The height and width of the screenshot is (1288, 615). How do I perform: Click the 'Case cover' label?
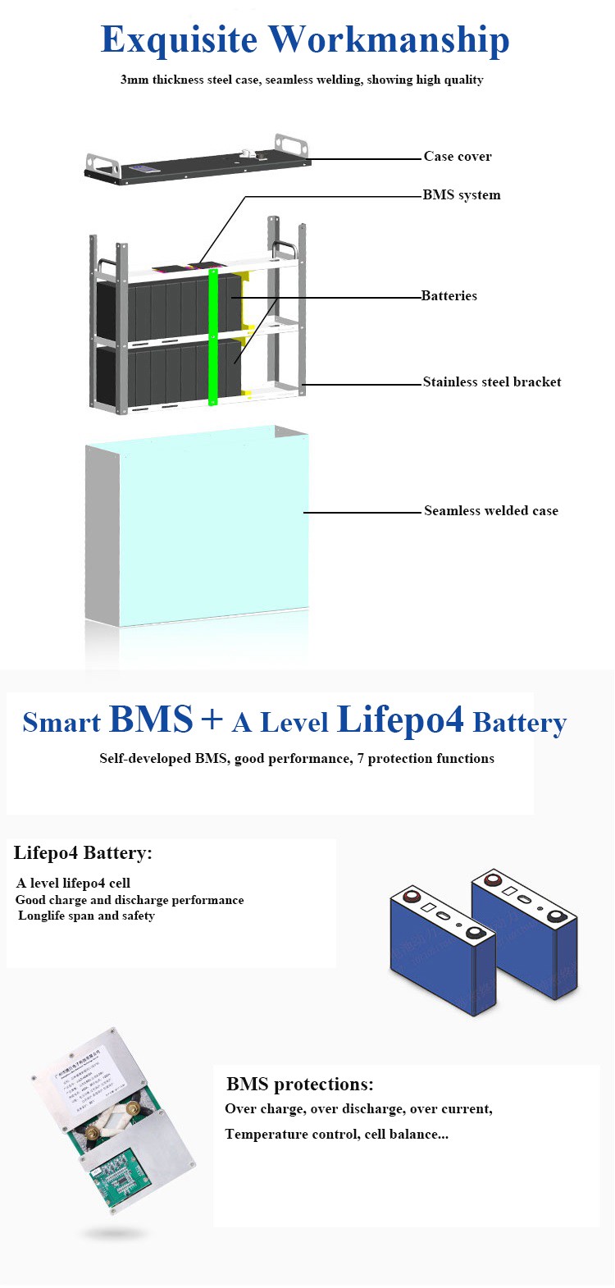pos(458,157)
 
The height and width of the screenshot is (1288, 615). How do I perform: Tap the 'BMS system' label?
pos(461,195)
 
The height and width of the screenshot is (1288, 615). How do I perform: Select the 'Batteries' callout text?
pos(449,296)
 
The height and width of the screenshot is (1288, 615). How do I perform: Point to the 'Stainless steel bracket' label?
pos(492,382)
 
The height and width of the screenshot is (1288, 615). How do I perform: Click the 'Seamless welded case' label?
pos(490,511)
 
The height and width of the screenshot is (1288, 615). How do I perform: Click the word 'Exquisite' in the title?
pos(179,40)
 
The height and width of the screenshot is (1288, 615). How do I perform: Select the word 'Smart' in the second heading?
pos(61,722)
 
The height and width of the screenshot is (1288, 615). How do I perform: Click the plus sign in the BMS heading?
pos(212,719)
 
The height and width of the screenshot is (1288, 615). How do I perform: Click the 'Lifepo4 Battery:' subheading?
pos(83,853)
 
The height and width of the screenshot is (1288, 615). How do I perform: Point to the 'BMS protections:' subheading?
pos(299,1085)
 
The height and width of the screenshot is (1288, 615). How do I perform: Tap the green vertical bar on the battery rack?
pos(213,336)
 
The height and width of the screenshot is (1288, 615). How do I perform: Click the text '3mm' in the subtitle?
pos(134,80)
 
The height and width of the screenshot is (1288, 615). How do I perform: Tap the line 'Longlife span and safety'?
pos(86,916)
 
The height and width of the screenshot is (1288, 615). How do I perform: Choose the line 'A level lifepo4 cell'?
pos(73,884)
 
